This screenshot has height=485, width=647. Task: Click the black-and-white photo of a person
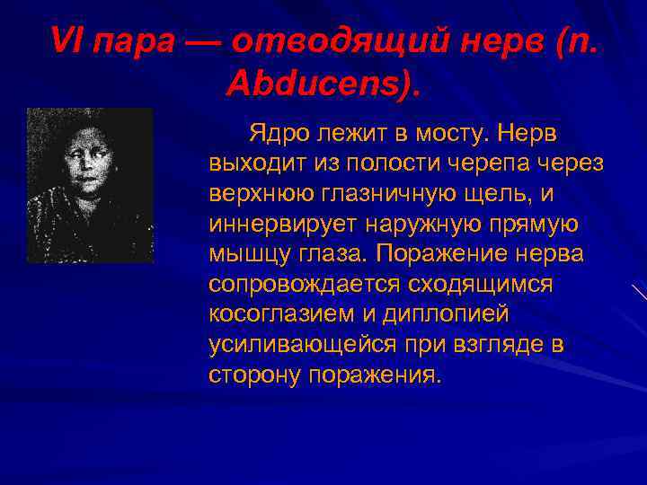[90, 185]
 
